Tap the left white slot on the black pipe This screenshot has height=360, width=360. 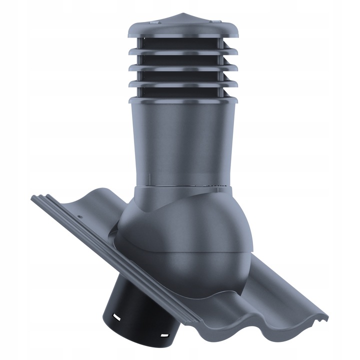[115, 317]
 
